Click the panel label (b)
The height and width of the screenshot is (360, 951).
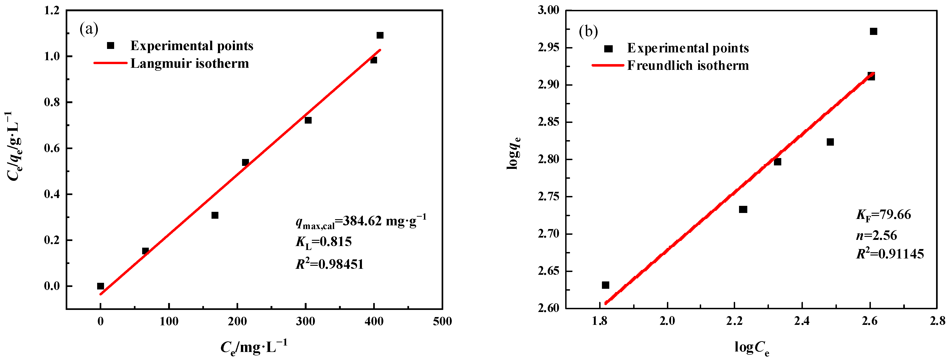point(588,31)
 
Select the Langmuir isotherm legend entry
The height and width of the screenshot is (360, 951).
point(189,63)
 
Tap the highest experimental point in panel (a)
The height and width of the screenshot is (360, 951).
point(380,35)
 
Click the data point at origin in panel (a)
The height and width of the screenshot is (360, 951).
point(100,286)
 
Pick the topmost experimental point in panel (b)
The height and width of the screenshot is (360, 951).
point(873,31)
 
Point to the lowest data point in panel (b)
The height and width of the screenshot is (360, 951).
point(605,285)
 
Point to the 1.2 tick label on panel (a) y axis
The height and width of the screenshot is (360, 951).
point(52,10)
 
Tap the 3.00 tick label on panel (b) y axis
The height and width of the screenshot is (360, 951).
point(548,10)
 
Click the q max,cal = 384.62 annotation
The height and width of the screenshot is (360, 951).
point(361,221)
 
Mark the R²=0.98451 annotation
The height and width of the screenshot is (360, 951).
point(329,264)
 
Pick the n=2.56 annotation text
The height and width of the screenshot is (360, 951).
point(876,235)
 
